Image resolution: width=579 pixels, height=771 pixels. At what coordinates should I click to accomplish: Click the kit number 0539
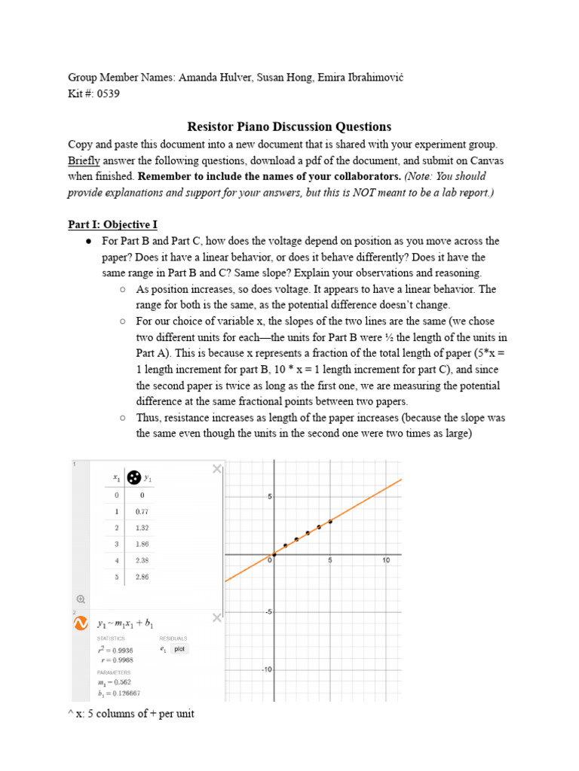click(x=106, y=94)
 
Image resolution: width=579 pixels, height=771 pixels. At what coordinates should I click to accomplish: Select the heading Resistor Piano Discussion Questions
click(x=289, y=126)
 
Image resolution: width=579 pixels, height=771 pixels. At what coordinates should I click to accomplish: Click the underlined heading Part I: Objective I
click(x=112, y=224)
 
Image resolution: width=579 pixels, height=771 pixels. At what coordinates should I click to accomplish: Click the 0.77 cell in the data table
click(x=142, y=511)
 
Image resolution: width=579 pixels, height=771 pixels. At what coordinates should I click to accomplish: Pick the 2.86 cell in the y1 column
click(x=142, y=576)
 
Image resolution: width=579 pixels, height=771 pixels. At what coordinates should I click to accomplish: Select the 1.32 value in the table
click(x=142, y=527)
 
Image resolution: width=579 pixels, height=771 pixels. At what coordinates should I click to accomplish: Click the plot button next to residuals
click(x=179, y=648)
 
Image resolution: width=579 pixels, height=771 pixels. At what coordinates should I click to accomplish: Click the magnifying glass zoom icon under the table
click(x=80, y=599)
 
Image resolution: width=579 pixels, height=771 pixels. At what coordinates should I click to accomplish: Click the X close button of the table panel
click(x=217, y=469)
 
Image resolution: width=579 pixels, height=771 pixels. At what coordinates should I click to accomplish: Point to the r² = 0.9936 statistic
click(x=115, y=650)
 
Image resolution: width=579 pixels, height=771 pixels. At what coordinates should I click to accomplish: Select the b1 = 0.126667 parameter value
click(x=119, y=693)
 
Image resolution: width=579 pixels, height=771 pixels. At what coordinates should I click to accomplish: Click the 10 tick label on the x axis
click(x=385, y=561)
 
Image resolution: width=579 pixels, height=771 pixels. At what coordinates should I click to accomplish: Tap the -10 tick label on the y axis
click(x=265, y=669)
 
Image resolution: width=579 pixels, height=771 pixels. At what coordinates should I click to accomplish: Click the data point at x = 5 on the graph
click(x=330, y=521)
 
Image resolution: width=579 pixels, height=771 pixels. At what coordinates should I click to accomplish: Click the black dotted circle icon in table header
click(x=133, y=477)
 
